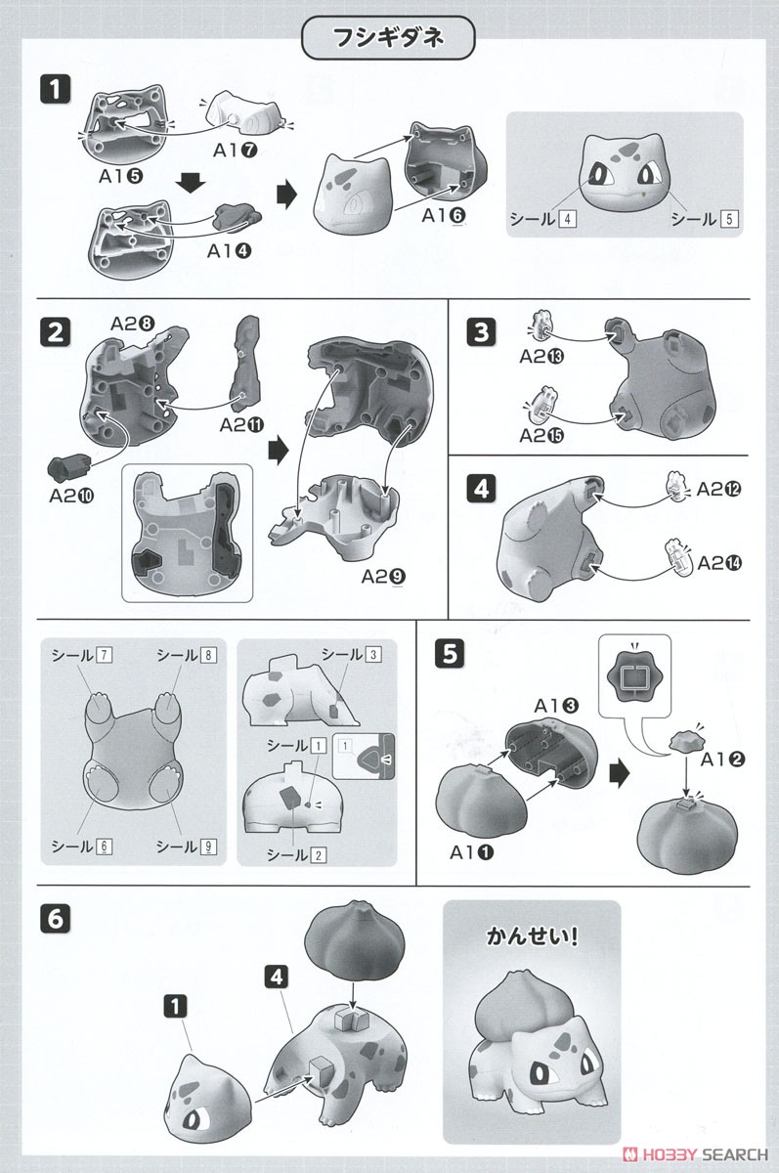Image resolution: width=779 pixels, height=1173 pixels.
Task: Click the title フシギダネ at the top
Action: coord(389,42)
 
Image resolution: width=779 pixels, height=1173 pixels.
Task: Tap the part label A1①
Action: coord(473,852)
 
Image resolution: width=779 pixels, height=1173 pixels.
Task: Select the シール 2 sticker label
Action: coord(297,855)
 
